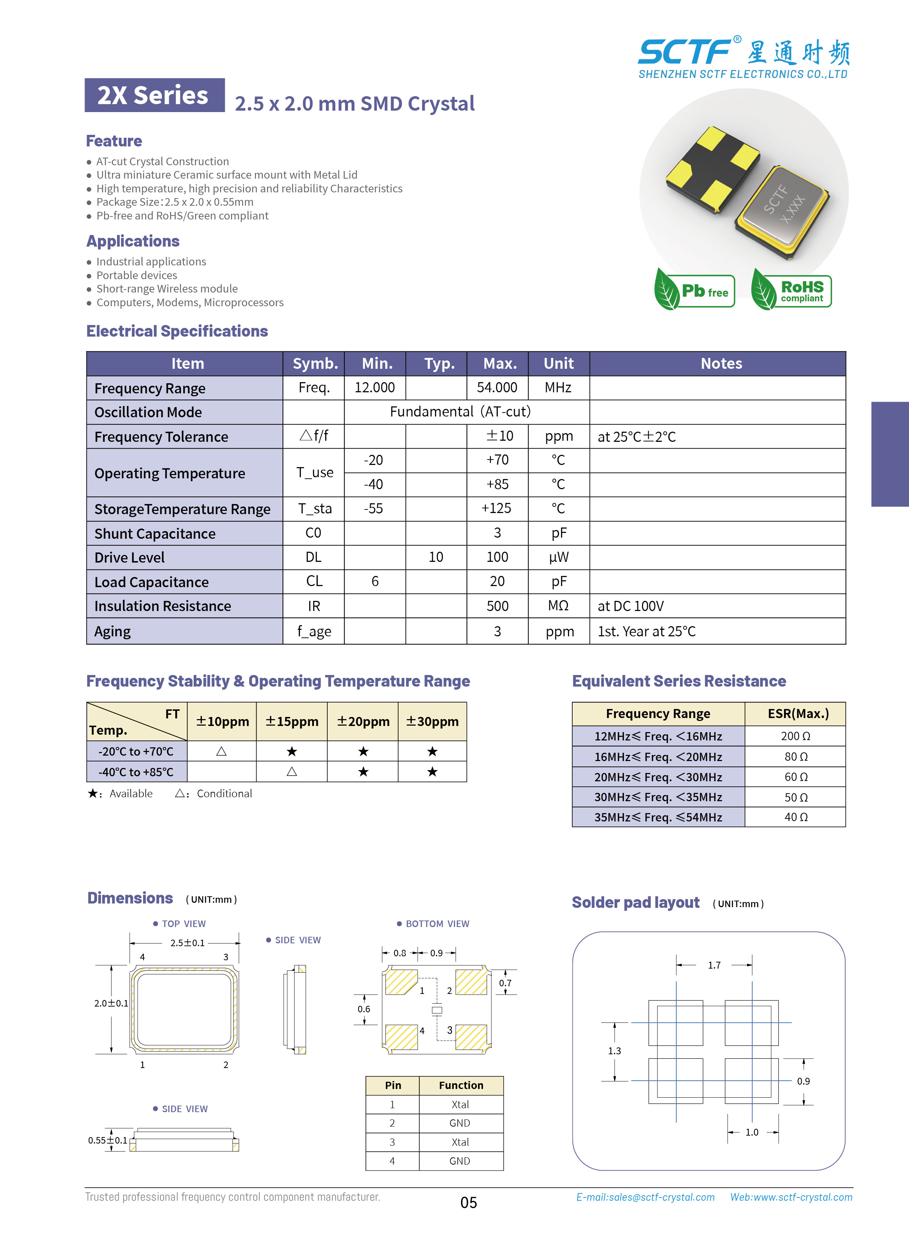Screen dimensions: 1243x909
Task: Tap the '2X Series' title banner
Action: click(154, 95)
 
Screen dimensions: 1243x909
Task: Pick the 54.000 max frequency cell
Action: click(497, 388)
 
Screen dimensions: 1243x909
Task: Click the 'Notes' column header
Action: click(721, 363)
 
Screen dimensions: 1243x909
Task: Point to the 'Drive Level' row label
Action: click(130, 558)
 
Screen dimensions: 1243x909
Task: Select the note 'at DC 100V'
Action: click(630, 606)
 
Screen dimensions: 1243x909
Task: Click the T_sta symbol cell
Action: click(315, 509)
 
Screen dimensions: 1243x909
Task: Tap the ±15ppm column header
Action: click(292, 721)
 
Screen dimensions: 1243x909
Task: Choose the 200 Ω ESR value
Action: click(795, 736)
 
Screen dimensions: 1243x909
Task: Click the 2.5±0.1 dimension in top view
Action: click(187, 943)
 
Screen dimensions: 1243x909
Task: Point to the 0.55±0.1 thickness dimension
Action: click(107, 1140)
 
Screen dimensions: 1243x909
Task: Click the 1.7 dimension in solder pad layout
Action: click(714, 965)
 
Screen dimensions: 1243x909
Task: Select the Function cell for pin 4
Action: click(460, 1161)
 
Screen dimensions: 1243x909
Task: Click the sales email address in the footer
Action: click(645, 1197)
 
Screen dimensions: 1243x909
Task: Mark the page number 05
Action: click(468, 1202)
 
